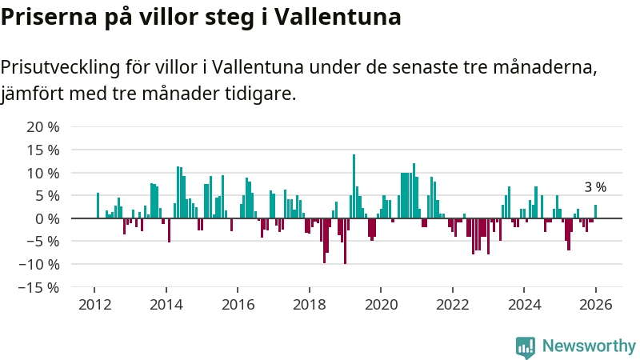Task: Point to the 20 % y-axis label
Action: coord(43,127)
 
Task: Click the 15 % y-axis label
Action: coord(43,150)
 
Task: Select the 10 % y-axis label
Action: coord(43,173)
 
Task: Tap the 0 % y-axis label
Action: coord(47,218)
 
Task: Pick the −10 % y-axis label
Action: coord(40,264)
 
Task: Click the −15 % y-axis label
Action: coord(40,287)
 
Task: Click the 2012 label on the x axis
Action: coord(94,305)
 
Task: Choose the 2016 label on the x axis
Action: coord(238,305)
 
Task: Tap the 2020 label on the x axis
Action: coord(381,305)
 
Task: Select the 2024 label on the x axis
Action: coord(524,305)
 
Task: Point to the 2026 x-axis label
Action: coord(596,305)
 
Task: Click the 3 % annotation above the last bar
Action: coord(595,187)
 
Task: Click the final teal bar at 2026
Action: coord(595,212)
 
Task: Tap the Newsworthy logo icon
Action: coord(526,346)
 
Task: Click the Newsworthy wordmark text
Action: coord(589,346)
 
